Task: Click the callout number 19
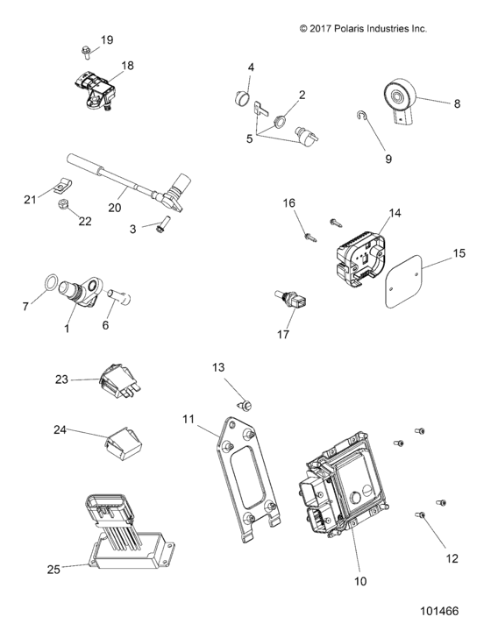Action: tap(107, 40)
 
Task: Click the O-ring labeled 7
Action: tap(52, 284)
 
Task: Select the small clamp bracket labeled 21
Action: tap(60, 186)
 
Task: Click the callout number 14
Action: tap(394, 213)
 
